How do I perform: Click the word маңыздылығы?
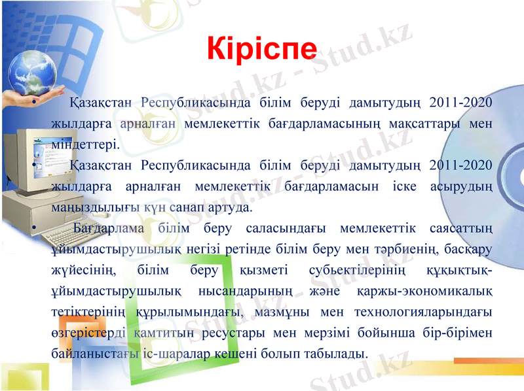tap(94, 208)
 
